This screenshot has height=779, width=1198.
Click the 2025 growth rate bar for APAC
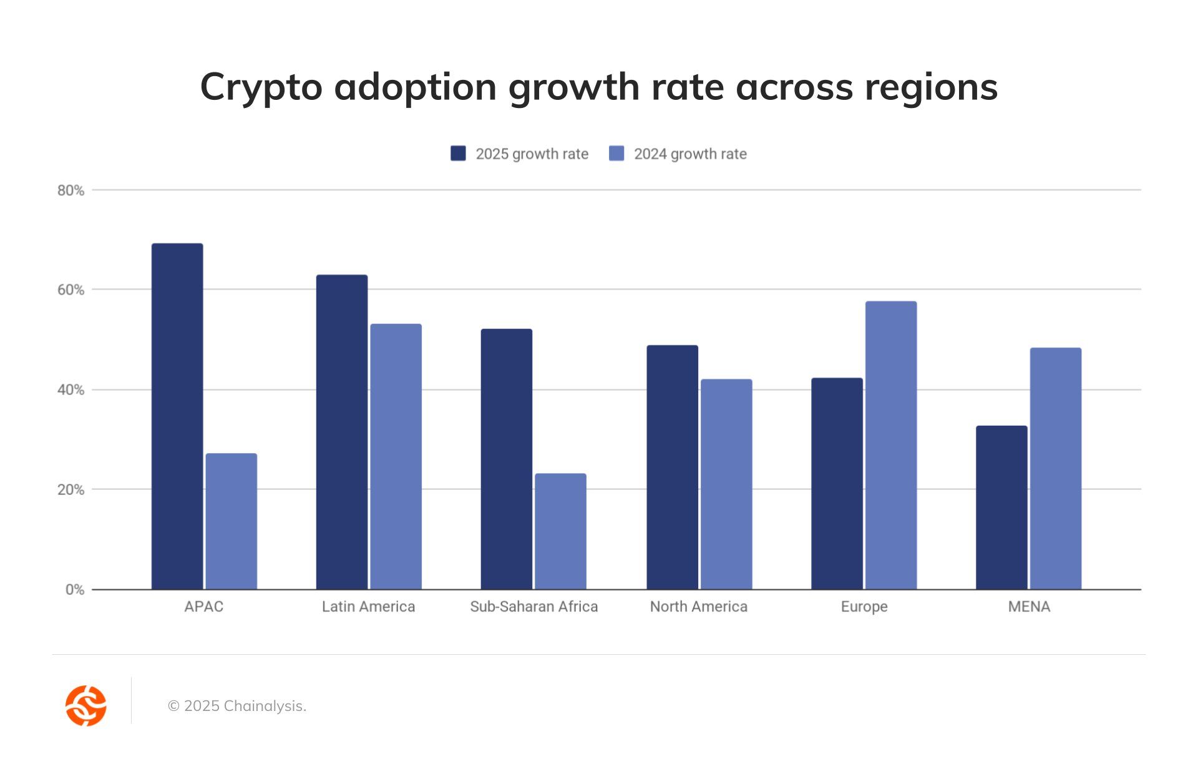(x=177, y=416)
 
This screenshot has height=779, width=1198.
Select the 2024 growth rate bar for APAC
(x=231, y=521)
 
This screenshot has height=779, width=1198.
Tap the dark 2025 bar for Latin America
(x=342, y=432)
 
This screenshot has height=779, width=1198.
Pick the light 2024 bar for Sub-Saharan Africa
(x=560, y=531)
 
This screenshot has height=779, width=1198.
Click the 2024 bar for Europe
(x=891, y=445)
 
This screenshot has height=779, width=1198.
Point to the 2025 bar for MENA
(x=1001, y=507)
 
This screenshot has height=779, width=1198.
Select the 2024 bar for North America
(x=726, y=484)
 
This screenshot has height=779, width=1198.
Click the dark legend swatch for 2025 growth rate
(x=458, y=154)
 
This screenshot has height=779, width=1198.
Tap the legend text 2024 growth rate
(x=690, y=154)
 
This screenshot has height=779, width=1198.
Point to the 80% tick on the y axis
(x=71, y=190)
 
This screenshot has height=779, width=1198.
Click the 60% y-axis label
(x=71, y=290)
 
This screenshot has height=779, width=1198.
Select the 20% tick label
(x=71, y=489)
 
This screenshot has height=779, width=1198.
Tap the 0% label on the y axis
(x=74, y=589)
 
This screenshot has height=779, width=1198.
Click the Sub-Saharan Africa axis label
(x=533, y=607)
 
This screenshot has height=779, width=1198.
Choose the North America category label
(x=698, y=607)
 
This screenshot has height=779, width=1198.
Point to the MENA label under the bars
(x=1029, y=607)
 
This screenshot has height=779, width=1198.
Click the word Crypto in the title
(x=261, y=87)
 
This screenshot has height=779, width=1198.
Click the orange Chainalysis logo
(x=86, y=706)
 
